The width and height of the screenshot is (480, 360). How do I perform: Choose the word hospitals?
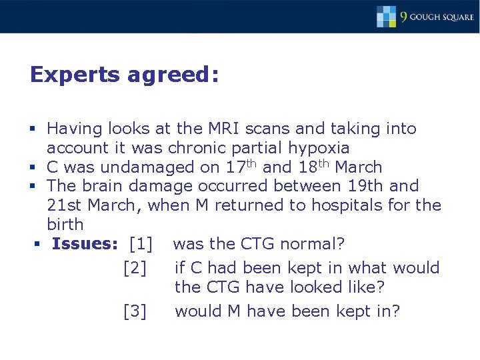348,205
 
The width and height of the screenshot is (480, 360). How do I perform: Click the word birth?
65,224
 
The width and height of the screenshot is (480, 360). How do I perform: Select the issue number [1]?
141,243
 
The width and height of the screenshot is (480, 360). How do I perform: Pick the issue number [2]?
135,268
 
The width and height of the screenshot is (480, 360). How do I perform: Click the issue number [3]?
135,311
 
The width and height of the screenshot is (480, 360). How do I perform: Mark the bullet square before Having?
33,129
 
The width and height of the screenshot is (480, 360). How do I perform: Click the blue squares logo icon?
386,16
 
